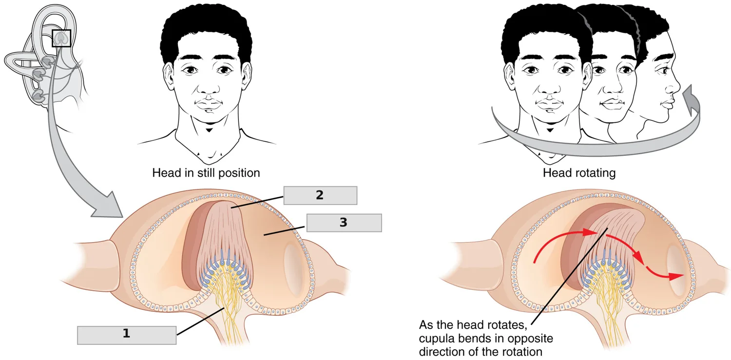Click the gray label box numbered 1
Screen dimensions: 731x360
(127, 335)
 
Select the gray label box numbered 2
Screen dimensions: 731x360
(320, 195)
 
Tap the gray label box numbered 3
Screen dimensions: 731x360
(344, 223)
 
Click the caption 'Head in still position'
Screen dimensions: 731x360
(206, 173)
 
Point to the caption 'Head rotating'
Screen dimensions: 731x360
(579, 173)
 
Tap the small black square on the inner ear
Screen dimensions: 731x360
(61, 38)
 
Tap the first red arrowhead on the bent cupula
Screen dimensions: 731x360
(591, 232)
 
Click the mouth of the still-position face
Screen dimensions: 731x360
(208, 104)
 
